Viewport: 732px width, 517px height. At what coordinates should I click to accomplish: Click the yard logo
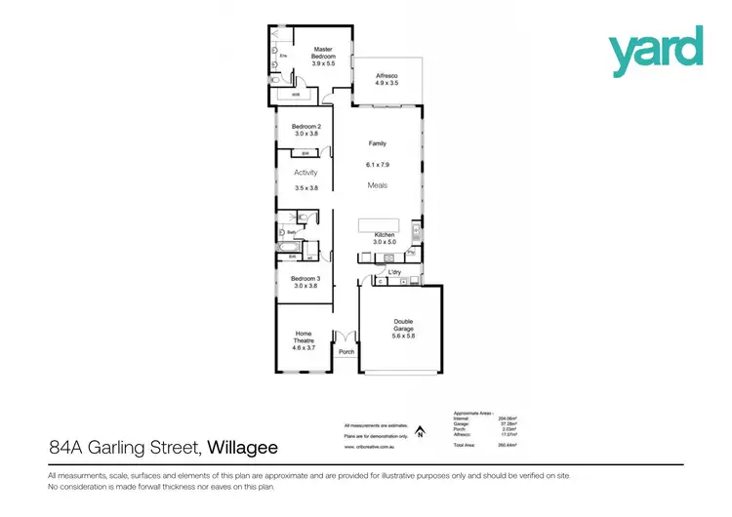pos(656,51)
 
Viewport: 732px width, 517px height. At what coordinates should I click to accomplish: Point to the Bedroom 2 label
pos(306,131)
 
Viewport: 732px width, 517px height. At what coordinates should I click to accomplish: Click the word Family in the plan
pos(376,143)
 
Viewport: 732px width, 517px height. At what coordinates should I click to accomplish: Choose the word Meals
pos(377,184)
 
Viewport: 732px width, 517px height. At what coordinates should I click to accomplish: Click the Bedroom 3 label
pos(305,282)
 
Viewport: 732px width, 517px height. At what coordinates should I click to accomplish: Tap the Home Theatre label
pos(304,340)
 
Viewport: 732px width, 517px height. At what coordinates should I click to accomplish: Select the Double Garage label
pos(403,328)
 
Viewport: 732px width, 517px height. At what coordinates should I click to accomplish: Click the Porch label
pos(346,353)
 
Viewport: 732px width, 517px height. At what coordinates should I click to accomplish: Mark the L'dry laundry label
pos(396,271)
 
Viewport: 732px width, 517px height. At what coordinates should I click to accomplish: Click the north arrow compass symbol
pos(420,429)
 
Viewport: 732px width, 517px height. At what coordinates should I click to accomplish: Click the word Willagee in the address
pos(241,449)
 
